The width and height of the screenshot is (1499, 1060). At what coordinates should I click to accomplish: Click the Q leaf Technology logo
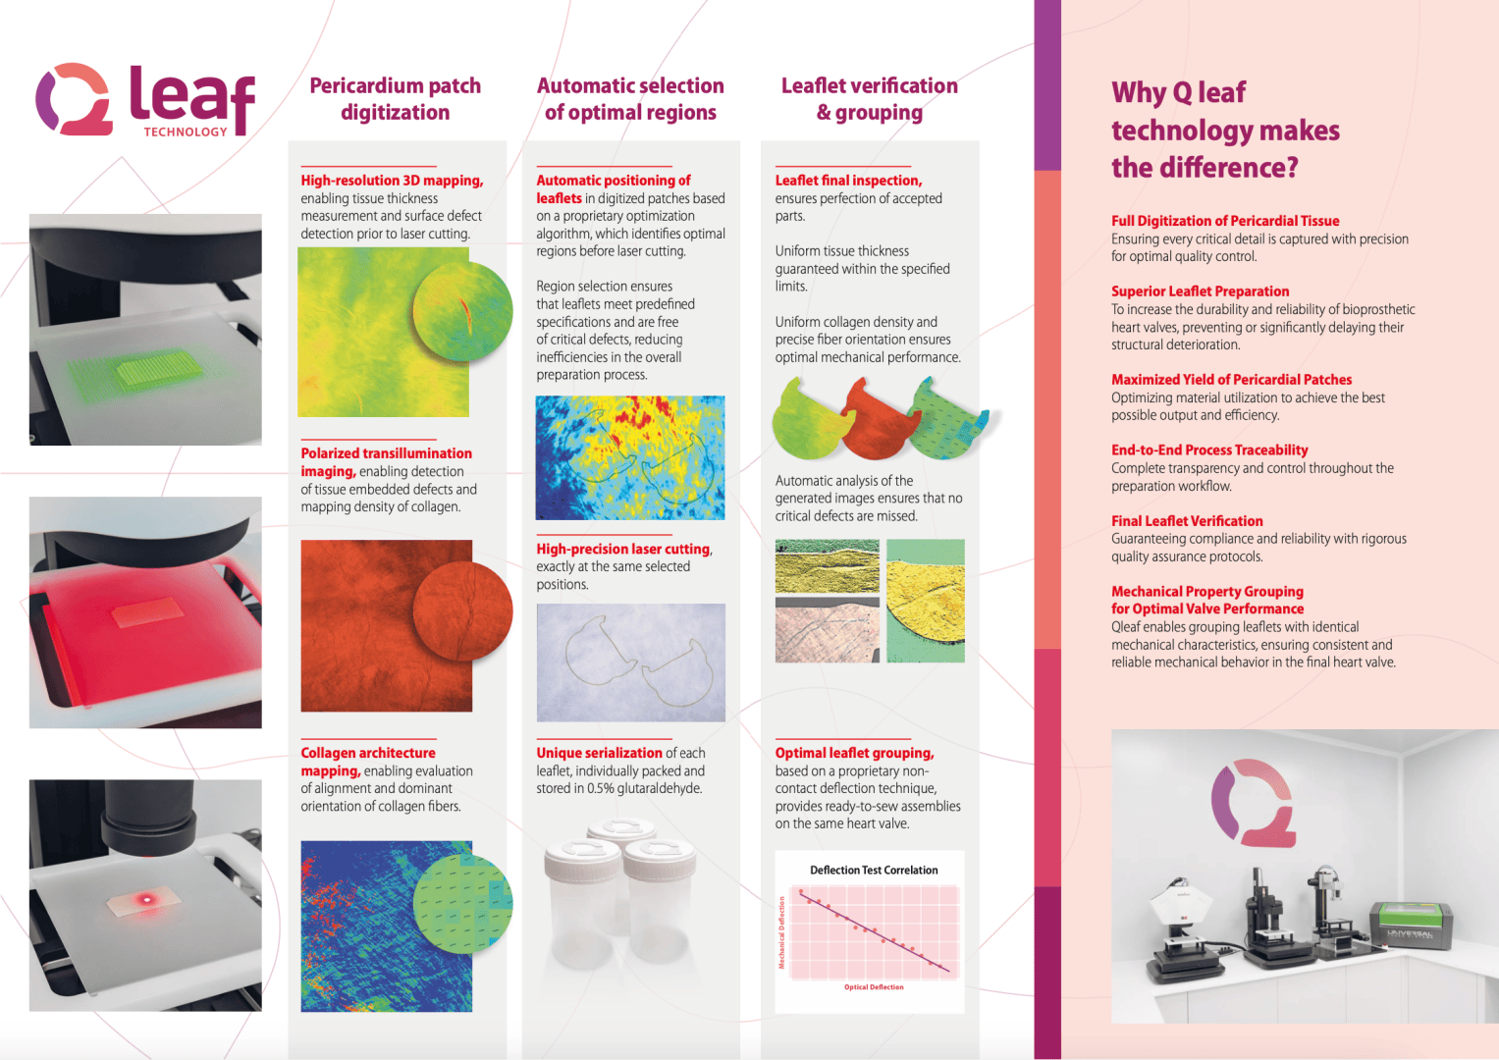click(x=145, y=100)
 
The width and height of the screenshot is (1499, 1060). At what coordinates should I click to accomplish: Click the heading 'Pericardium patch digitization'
click(x=395, y=99)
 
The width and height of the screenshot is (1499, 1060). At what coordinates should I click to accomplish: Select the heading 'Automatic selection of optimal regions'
click(x=630, y=99)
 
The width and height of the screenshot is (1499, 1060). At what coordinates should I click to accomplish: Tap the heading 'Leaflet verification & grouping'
click(x=870, y=99)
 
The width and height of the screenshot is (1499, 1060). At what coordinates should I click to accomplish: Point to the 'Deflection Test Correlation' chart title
click(x=874, y=871)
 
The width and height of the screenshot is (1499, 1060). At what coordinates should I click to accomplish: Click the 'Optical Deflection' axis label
click(x=874, y=987)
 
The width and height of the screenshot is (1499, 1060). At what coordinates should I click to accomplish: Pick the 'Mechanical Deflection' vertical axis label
click(x=782, y=932)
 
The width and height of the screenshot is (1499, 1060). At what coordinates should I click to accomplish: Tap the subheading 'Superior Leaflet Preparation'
click(x=1200, y=291)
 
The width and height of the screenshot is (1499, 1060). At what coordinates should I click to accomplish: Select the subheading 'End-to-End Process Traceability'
click(x=1209, y=450)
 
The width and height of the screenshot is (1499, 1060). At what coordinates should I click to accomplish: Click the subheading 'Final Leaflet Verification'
click(x=1187, y=521)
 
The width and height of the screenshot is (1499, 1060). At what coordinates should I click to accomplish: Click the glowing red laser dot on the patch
click(x=147, y=899)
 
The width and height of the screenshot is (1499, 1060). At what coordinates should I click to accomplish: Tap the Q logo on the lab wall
click(x=1253, y=802)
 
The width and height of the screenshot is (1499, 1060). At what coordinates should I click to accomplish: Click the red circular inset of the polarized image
click(x=463, y=611)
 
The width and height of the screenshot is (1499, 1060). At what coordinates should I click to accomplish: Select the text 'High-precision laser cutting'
click(x=622, y=550)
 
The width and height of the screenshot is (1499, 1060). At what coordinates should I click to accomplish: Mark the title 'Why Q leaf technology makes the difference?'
click(x=1225, y=131)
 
